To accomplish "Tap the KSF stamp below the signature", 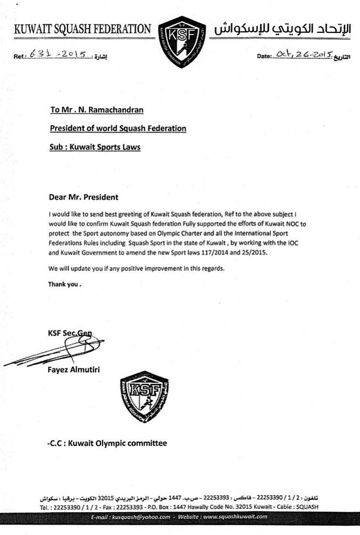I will click(x=144, y=397).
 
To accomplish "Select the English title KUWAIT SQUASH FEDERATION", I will click(x=82, y=30).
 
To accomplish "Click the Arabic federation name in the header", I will click(x=282, y=29).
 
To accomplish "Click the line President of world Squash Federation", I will click(x=118, y=128).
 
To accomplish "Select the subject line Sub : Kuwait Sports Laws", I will click(x=95, y=147).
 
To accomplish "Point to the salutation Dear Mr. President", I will click(x=83, y=198).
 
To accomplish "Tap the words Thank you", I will click(x=64, y=284).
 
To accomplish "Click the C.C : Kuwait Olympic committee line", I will click(x=107, y=443).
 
